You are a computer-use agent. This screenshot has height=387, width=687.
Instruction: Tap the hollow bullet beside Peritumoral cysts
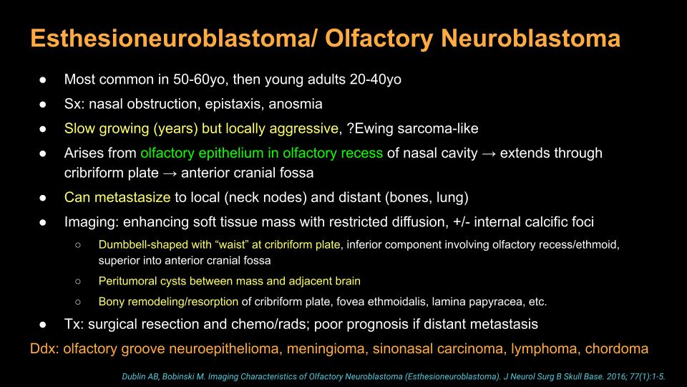(x=78, y=281)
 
